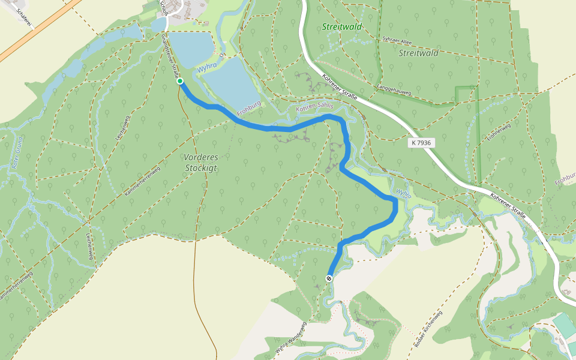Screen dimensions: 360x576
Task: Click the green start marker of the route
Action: pyautogui.click(x=180, y=81)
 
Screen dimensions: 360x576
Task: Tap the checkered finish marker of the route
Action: pyautogui.click(x=329, y=278)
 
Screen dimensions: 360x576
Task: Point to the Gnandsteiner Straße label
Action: pyautogui.click(x=170, y=56)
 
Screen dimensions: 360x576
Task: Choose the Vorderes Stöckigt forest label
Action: pyautogui.click(x=200, y=163)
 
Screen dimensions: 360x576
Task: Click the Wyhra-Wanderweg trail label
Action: pyautogui.click(x=291, y=339)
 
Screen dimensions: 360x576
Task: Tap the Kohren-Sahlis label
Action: pyautogui.click(x=315, y=106)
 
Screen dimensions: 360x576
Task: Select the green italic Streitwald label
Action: pyautogui.click(x=338, y=27)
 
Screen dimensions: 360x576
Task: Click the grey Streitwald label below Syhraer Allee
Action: pyautogui.click(x=418, y=53)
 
